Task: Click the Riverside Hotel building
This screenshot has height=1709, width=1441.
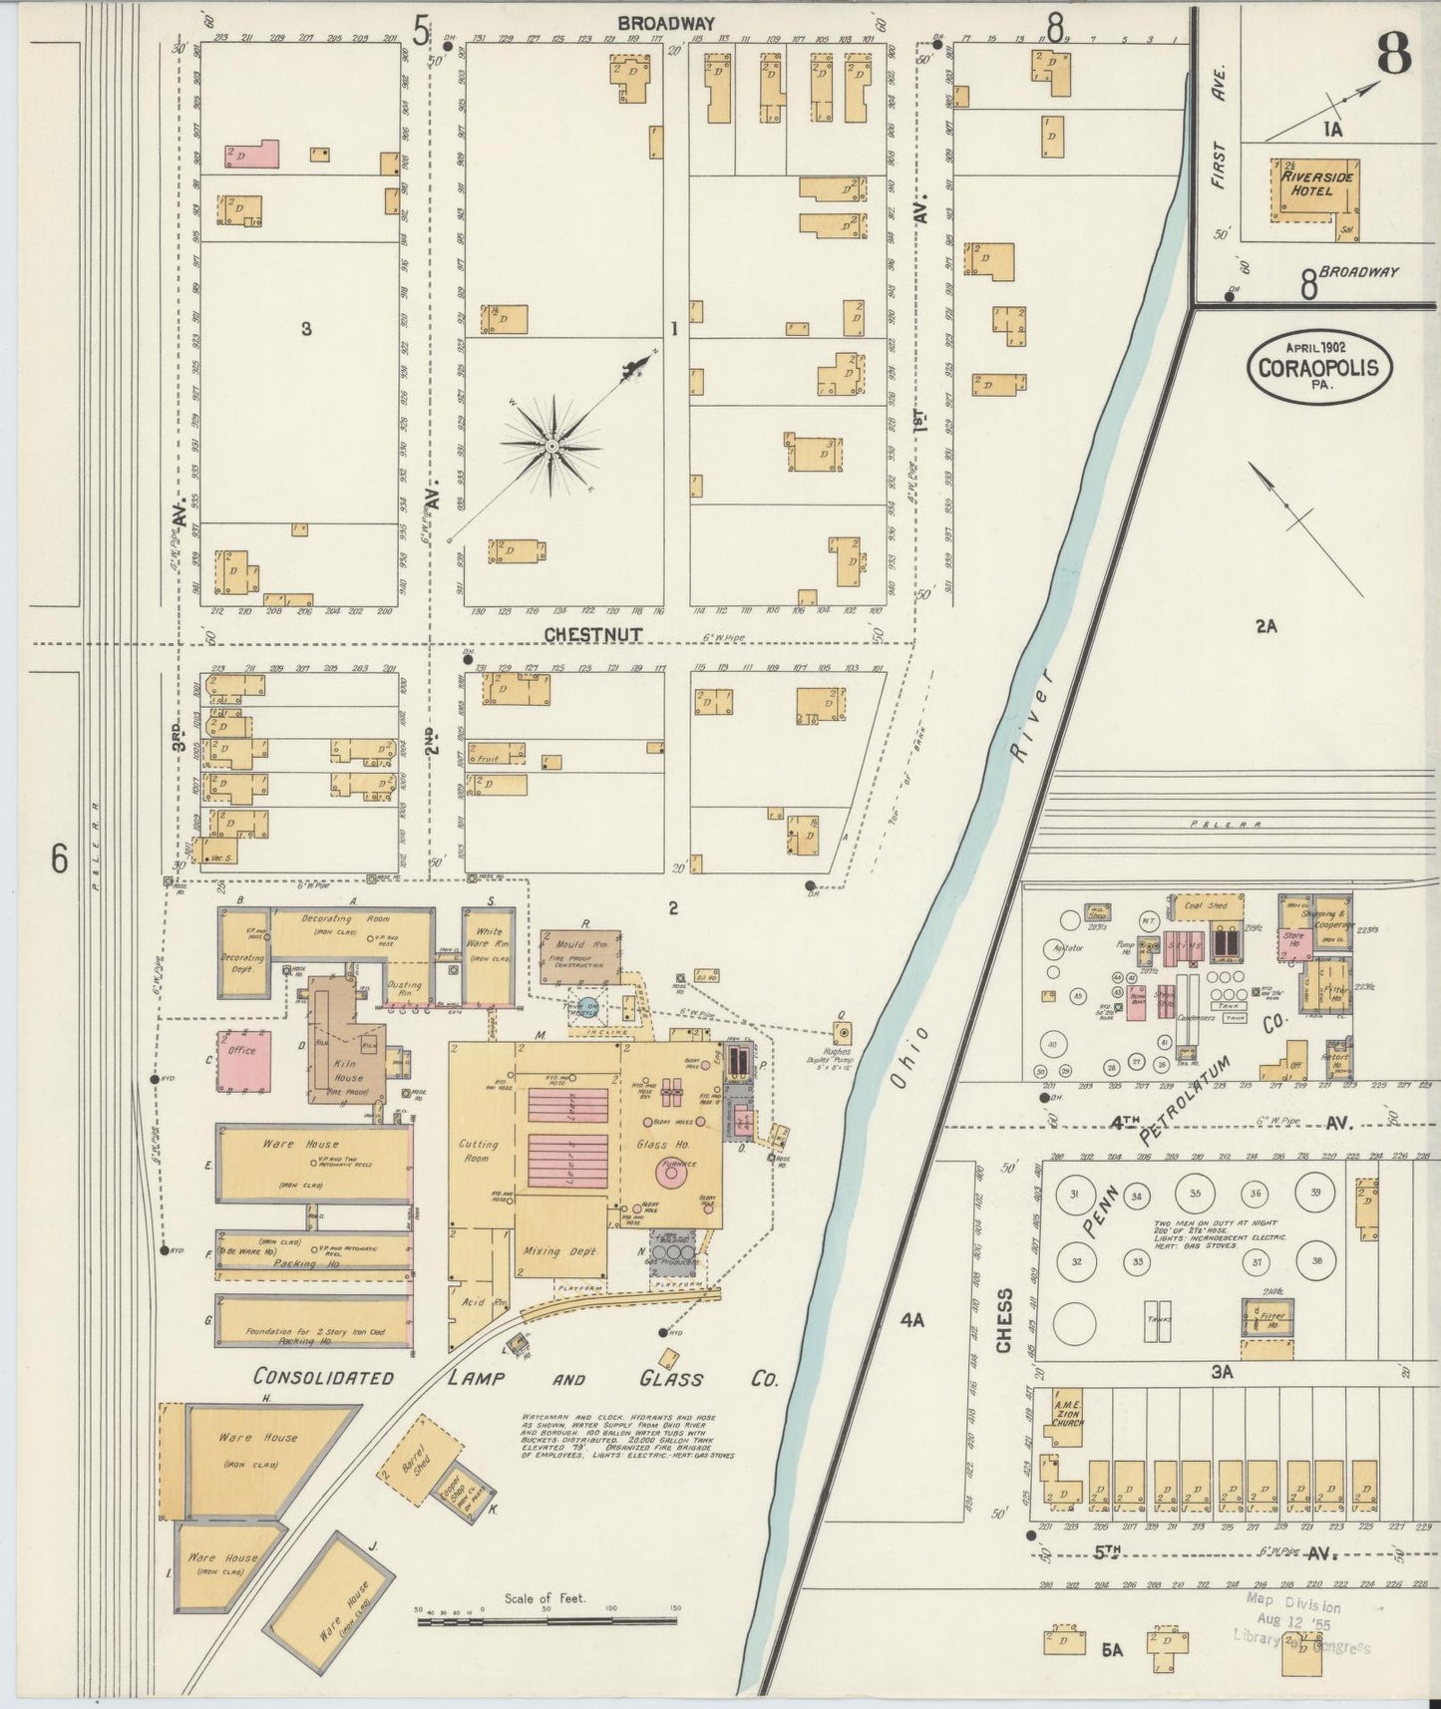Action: pos(1305,189)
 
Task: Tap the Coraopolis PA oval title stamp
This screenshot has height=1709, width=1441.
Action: pos(1317,368)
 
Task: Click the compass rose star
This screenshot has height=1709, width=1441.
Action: pos(551,441)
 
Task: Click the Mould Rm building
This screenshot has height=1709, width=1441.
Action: pos(579,955)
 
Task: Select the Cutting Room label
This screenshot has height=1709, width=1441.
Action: pos(479,1152)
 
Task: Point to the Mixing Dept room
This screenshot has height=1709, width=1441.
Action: pos(559,1250)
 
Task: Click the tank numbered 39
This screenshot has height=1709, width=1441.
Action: pos(1315,1193)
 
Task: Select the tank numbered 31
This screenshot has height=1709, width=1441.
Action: pos(1074,1194)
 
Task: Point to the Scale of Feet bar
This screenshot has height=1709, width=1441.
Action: pos(546,1621)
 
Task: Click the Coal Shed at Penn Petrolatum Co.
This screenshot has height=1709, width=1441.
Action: pos(1207,905)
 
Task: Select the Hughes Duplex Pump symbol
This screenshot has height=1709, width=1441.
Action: pos(842,1033)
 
